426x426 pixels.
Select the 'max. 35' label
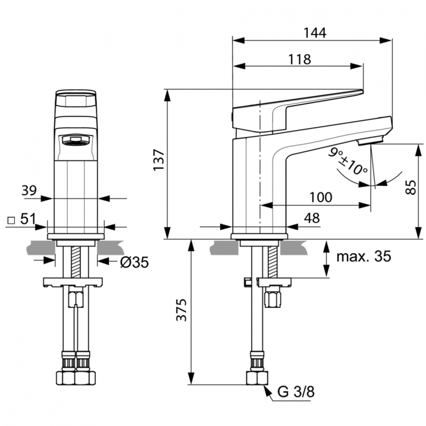pyautogui.click(x=364, y=256)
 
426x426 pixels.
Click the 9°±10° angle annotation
pyautogui.click(x=348, y=161)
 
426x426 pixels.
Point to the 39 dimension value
pyautogui.click(x=29, y=191)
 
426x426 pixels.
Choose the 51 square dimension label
pyautogui.click(x=30, y=219)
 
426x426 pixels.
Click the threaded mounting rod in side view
pyautogui.click(x=271, y=258)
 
